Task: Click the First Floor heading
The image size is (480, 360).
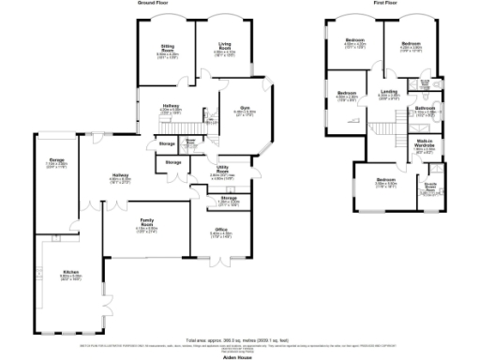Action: [x=386, y=4]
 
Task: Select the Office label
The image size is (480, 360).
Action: [x=221, y=229]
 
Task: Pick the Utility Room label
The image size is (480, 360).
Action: [x=222, y=172]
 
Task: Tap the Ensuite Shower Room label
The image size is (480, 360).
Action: [x=430, y=185]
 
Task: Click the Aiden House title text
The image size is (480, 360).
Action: [x=241, y=354]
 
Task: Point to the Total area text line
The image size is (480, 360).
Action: [x=241, y=338]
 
